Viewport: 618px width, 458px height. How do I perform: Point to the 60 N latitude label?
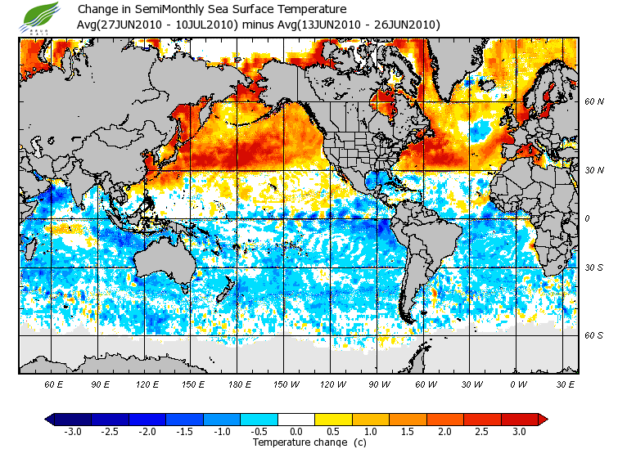[x=594, y=102]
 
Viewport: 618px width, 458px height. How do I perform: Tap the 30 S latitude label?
[x=594, y=267]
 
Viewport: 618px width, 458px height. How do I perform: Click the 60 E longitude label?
[x=53, y=384]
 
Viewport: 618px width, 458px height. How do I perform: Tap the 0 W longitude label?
[x=517, y=384]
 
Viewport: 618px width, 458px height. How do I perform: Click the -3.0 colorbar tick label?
[x=73, y=431]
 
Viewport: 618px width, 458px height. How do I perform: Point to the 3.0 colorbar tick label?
[x=518, y=431]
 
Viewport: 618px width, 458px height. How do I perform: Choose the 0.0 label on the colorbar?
[x=295, y=431]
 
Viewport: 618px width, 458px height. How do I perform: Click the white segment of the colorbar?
[x=295, y=420]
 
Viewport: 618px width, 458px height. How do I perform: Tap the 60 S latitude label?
[x=594, y=335]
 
